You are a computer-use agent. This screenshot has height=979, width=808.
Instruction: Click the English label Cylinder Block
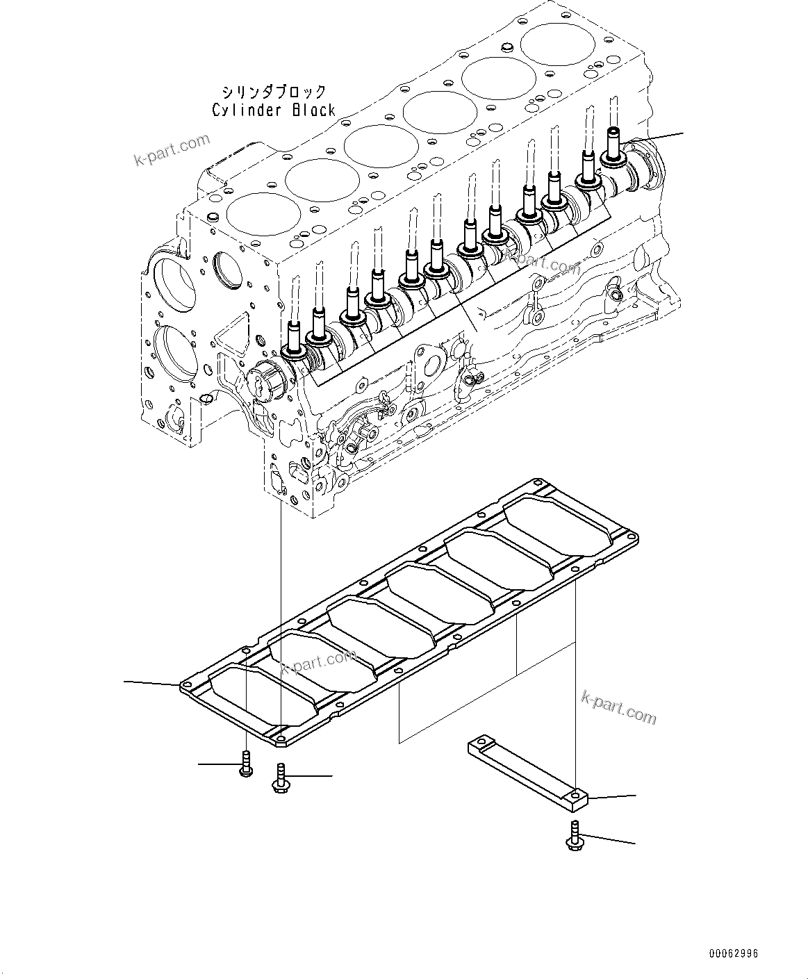tap(274, 110)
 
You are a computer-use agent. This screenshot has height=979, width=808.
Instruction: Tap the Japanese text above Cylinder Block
tap(274, 92)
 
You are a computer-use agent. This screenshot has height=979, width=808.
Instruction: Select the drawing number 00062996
tap(734, 953)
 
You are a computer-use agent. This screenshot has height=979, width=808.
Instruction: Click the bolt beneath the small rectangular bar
tap(574, 837)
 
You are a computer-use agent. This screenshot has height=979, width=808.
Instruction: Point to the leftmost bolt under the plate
tap(245, 764)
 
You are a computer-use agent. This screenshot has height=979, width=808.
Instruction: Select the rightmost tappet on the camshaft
tap(613, 148)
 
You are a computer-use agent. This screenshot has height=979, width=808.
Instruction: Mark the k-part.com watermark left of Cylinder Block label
tap(172, 150)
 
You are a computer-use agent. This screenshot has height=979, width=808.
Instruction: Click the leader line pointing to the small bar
tap(611, 796)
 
